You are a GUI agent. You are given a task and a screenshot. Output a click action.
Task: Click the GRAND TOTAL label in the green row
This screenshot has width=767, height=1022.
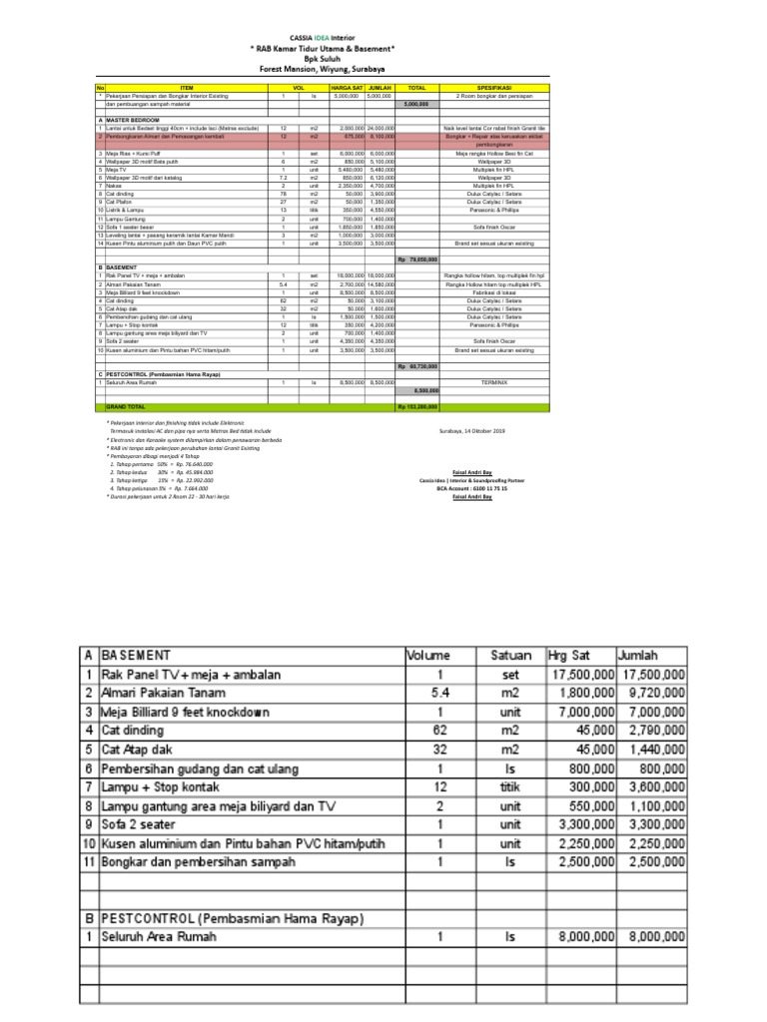(x=126, y=407)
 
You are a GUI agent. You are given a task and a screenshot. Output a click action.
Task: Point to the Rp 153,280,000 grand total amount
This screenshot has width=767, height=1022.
(x=416, y=407)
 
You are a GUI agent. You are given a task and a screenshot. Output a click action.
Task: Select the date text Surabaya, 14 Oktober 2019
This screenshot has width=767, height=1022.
(x=472, y=431)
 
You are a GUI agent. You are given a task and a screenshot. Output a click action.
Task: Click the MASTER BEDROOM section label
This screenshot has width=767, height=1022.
(x=135, y=118)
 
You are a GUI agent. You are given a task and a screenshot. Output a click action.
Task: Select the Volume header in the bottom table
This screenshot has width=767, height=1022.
(x=428, y=656)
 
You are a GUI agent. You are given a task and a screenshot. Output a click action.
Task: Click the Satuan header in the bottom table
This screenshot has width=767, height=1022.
(x=512, y=656)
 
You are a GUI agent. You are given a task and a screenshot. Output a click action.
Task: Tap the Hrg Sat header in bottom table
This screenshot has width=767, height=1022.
(x=572, y=656)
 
